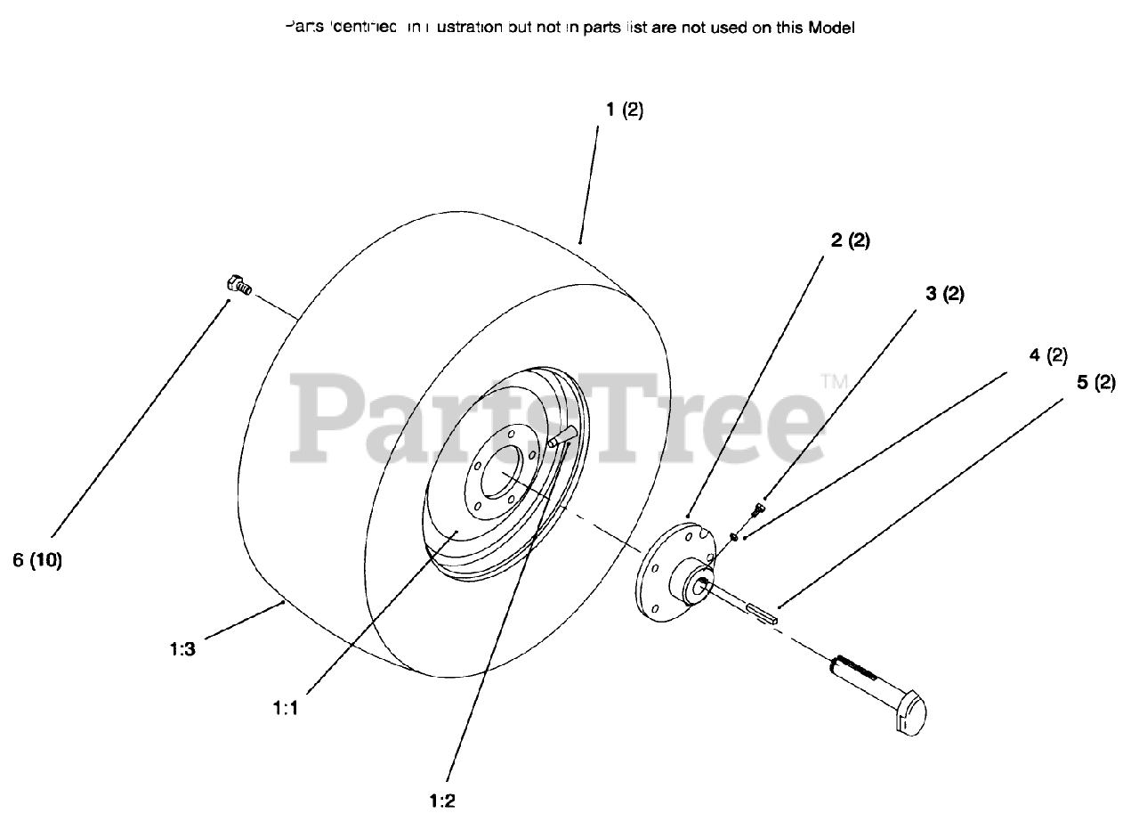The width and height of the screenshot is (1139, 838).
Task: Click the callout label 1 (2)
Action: (624, 110)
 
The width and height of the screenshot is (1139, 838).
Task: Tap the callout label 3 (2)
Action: (945, 294)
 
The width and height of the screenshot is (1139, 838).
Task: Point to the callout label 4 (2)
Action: (1047, 355)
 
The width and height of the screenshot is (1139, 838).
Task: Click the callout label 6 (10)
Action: (37, 561)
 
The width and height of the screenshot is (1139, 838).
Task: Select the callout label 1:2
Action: (441, 800)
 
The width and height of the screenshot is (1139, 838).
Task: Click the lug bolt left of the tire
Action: (236, 285)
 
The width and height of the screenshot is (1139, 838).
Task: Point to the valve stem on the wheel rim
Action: (563, 435)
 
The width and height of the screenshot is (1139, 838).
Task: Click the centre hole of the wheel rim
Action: (503, 477)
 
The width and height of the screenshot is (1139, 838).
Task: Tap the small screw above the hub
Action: (758, 509)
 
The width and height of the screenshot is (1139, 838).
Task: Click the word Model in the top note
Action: (831, 28)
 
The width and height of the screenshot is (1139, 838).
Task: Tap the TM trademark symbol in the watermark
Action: (833, 381)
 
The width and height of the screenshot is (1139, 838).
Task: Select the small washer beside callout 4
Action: (731, 536)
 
